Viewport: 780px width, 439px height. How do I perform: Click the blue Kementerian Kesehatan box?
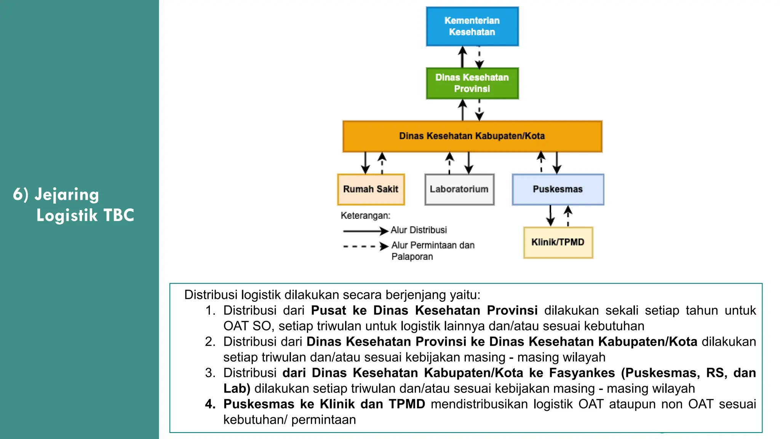[x=472, y=26]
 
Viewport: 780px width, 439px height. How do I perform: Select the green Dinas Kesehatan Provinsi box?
[x=472, y=83]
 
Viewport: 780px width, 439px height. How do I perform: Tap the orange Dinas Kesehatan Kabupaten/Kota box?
[x=472, y=136]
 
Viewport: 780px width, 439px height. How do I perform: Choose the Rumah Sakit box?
[x=371, y=189]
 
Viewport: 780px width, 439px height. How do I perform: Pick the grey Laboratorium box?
[x=459, y=189]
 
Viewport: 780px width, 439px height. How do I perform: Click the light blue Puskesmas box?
[x=558, y=189]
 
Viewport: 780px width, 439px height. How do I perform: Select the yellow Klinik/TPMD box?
[x=558, y=242]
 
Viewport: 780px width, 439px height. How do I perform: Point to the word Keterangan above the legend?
[x=365, y=216]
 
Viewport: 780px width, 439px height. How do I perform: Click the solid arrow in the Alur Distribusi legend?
[x=365, y=231]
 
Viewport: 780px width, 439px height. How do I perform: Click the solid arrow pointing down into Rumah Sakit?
[x=365, y=163]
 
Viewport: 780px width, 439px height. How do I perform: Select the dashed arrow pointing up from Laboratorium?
[x=450, y=163]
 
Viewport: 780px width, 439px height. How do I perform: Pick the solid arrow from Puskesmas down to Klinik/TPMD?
[x=550, y=216]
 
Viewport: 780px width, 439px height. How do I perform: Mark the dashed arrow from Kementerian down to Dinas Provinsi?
[x=480, y=57]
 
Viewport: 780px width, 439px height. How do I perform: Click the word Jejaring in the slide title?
[x=67, y=195]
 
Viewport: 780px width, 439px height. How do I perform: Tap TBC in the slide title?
[x=118, y=215]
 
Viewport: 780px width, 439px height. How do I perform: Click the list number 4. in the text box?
[x=210, y=404]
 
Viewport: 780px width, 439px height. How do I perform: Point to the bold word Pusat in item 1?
[x=328, y=311]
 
